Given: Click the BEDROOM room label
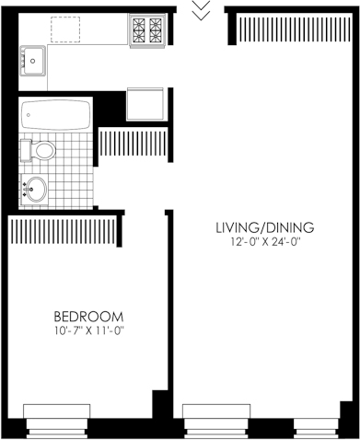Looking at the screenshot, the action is click(x=88, y=317).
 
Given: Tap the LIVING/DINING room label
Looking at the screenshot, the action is click(x=265, y=227).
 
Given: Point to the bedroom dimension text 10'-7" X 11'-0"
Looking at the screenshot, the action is click(x=89, y=331).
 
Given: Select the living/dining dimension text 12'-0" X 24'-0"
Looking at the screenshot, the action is click(x=265, y=242).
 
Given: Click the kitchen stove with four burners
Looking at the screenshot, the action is click(x=147, y=30).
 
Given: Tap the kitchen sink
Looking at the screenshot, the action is click(x=33, y=61).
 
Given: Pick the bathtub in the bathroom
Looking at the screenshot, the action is click(x=56, y=115).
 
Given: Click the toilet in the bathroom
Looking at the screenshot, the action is click(x=38, y=150).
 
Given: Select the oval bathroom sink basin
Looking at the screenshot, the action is click(x=35, y=190).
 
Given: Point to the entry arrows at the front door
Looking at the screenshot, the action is click(x=201, y=10).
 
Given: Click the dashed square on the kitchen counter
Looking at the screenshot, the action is click(x=65, y=29).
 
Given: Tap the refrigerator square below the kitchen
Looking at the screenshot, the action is click(x=145, y=104).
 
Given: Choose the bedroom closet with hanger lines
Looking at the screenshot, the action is click(x=64, y=229).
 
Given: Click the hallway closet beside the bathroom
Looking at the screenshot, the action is click(x=133, y=144).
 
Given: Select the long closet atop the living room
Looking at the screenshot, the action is click(x=295, y=29).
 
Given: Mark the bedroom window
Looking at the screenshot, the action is click(x=57, y=422).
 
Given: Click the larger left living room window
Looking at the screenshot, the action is click(x=216, y=422).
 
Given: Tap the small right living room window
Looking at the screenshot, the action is click(x=316, y=428).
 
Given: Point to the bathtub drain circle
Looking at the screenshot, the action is click(x=29, y=115).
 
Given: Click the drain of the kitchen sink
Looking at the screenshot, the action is click(x=33, y=61).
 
